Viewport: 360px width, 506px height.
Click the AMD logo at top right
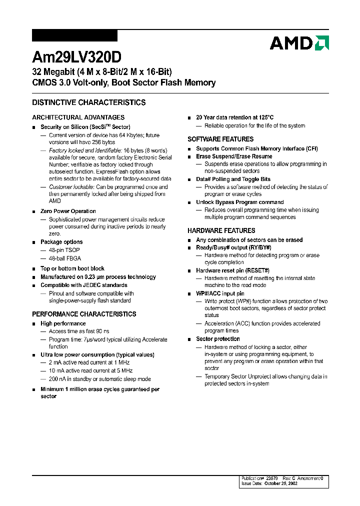(299, 43)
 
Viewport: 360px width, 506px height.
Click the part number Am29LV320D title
(76, 56)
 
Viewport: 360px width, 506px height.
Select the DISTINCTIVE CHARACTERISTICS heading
(88, 102)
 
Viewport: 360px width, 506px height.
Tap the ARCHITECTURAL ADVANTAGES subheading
(78, 117)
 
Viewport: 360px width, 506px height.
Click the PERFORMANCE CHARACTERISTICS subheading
(84, 314)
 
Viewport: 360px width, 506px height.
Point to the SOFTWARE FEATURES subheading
(220, 139)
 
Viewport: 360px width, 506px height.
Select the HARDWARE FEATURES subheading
(221, 230)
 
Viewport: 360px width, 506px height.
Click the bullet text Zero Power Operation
(68, 211)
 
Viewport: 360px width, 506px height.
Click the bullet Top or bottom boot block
(72, 268)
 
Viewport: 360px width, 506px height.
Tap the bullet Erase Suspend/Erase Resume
(234, 156)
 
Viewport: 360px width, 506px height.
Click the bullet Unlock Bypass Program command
(239, 202)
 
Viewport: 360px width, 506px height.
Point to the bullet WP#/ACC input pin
(220, 293)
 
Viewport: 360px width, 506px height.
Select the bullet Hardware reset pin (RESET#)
(232, 270)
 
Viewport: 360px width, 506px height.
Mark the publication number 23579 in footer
(273, 478)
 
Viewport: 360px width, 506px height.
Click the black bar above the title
(74, 35)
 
